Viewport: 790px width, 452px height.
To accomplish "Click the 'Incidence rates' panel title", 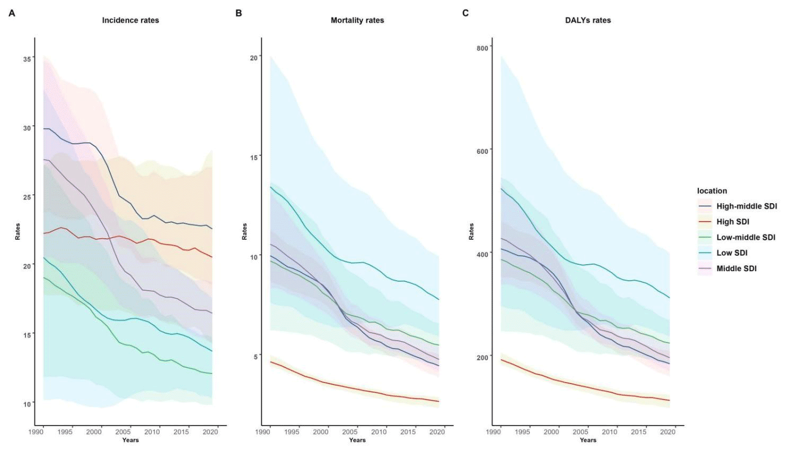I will tap(130, 20).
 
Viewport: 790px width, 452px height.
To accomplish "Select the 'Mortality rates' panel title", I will tap(357, 20).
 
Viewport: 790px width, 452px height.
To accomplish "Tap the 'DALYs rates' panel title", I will tap(587, 20).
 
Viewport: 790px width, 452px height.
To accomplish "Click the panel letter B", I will tap(239, 13).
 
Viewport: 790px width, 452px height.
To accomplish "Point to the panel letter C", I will tap(466, 13).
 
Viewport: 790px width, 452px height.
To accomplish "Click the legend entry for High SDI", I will tap(732, 222).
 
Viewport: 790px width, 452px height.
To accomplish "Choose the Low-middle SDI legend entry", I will tap(745, 237).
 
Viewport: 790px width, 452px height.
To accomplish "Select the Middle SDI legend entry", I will tap(736, 268).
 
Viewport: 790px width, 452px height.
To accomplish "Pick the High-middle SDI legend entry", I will tap(746, 206).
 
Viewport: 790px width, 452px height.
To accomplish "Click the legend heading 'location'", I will tap(712, 191).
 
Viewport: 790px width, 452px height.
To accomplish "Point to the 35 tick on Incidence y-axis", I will tap(27, 59).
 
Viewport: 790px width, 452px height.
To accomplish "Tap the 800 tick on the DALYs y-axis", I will tap(482, 48).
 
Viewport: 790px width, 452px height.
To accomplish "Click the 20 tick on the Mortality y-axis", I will tap(253, 57).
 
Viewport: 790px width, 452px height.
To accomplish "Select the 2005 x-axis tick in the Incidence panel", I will tap(123, 432).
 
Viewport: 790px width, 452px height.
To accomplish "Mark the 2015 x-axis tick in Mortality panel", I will tap(408, 432).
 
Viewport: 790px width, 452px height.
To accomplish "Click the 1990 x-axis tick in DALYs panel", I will tap(493, 432).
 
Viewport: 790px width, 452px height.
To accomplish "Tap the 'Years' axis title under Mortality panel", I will tap(357, 440).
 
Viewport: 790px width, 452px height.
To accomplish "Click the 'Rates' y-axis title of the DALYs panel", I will tap(471, 231).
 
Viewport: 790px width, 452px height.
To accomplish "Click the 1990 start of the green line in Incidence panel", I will tap(43, 277).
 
